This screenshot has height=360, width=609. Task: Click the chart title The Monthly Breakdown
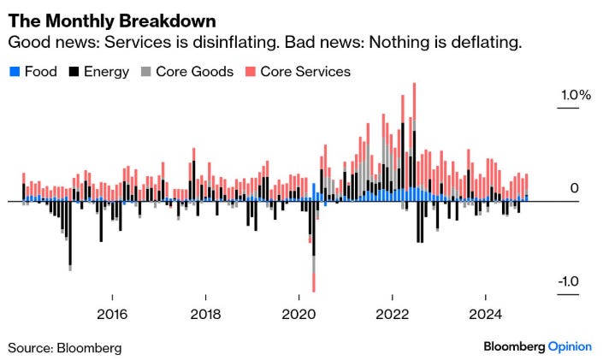pos(112,20)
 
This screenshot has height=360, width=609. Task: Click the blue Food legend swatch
pos(13,72)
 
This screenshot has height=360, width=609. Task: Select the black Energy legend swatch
pos(71,72)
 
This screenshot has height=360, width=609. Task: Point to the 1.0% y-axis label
pos(575,96)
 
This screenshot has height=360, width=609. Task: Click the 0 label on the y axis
pos(575,188)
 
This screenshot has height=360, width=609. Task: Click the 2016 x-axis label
pos(112,314)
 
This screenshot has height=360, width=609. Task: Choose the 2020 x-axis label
pos(299,314)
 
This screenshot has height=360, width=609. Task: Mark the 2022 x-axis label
pos(393,314)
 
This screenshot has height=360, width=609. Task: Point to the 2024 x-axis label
pos(486,314)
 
